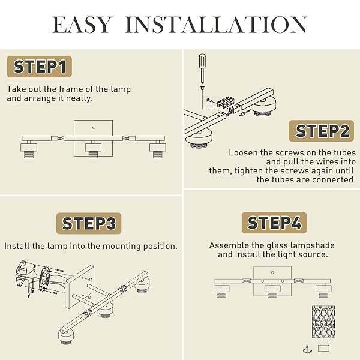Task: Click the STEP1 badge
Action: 39,67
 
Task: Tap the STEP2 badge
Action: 322,131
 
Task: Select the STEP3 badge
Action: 89,223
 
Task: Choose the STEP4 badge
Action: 274,223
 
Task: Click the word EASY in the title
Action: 82,25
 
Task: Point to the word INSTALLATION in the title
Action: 216,25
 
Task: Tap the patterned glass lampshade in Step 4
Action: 323,322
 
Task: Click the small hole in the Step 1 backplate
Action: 93,128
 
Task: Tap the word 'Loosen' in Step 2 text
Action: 243,152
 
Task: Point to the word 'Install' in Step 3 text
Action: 17,246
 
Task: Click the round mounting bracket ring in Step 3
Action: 44,279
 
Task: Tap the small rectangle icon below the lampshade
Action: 323,348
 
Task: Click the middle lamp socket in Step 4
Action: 272,290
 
